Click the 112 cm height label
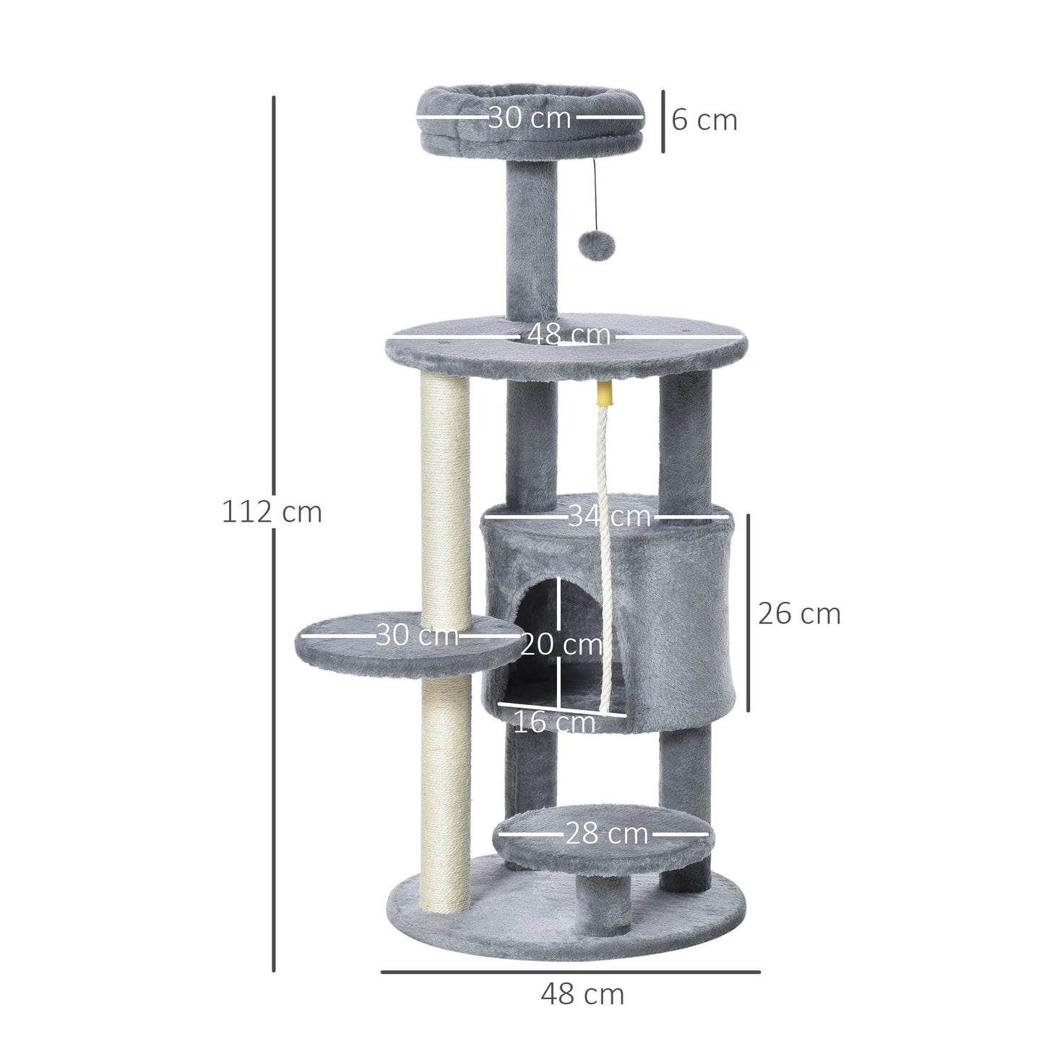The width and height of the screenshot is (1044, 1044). [272, 512]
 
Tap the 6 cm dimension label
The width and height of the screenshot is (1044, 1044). [704, 120]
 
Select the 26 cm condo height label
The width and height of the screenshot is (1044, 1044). [799, 614]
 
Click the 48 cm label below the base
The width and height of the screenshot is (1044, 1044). [582, 995]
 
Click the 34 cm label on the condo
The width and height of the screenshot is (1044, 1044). [609, 516]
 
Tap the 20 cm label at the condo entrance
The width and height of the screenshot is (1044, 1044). [561, 644]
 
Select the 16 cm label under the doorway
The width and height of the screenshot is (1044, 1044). [554, 722]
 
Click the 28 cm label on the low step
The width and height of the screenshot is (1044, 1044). [606, 834]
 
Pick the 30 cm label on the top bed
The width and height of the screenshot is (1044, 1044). [529, 117]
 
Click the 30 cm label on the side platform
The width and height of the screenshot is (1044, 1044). [417, 635]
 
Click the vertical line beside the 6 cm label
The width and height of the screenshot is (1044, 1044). [663, 121]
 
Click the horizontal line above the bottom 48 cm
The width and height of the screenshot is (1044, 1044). [570, 972]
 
